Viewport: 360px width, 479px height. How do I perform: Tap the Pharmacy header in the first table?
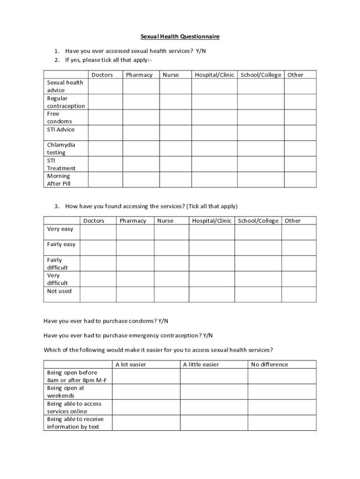click(x=139, y=75)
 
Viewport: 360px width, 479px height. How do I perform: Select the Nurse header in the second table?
click(x=165, y=221)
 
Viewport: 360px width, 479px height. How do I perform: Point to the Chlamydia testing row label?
click(x=61, y=149)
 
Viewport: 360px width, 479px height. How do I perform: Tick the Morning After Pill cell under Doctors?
click(x=105, y=180)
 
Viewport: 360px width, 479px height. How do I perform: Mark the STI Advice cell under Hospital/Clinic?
click(x=214, y=133)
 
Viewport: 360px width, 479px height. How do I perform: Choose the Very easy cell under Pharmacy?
click(x=135, y=232)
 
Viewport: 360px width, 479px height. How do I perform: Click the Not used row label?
click(x=59, y=291)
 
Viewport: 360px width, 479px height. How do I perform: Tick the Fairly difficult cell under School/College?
click(x=258, y=263)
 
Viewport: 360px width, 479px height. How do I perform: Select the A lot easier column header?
click(x=130, y=364)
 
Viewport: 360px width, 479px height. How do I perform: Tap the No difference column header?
click(x=269, y=364)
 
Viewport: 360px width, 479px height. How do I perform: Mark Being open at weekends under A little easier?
click(x=214, y=392)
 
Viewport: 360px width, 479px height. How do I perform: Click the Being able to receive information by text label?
click(x=75, y=423)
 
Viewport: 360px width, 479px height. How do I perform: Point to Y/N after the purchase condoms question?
click(x=163, y=321)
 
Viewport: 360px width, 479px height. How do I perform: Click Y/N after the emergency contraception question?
click(x=208, y=335)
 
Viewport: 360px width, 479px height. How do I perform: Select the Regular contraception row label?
click(x=66, y=102)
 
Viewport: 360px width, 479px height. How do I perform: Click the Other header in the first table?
click(x=295, y=75)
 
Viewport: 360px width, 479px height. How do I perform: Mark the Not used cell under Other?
click(x=299, y=294)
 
